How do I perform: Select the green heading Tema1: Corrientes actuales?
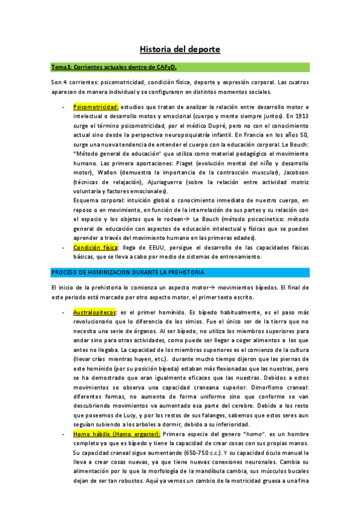(x=106, y=67)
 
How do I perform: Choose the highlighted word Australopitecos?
(x=94, y=313)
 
